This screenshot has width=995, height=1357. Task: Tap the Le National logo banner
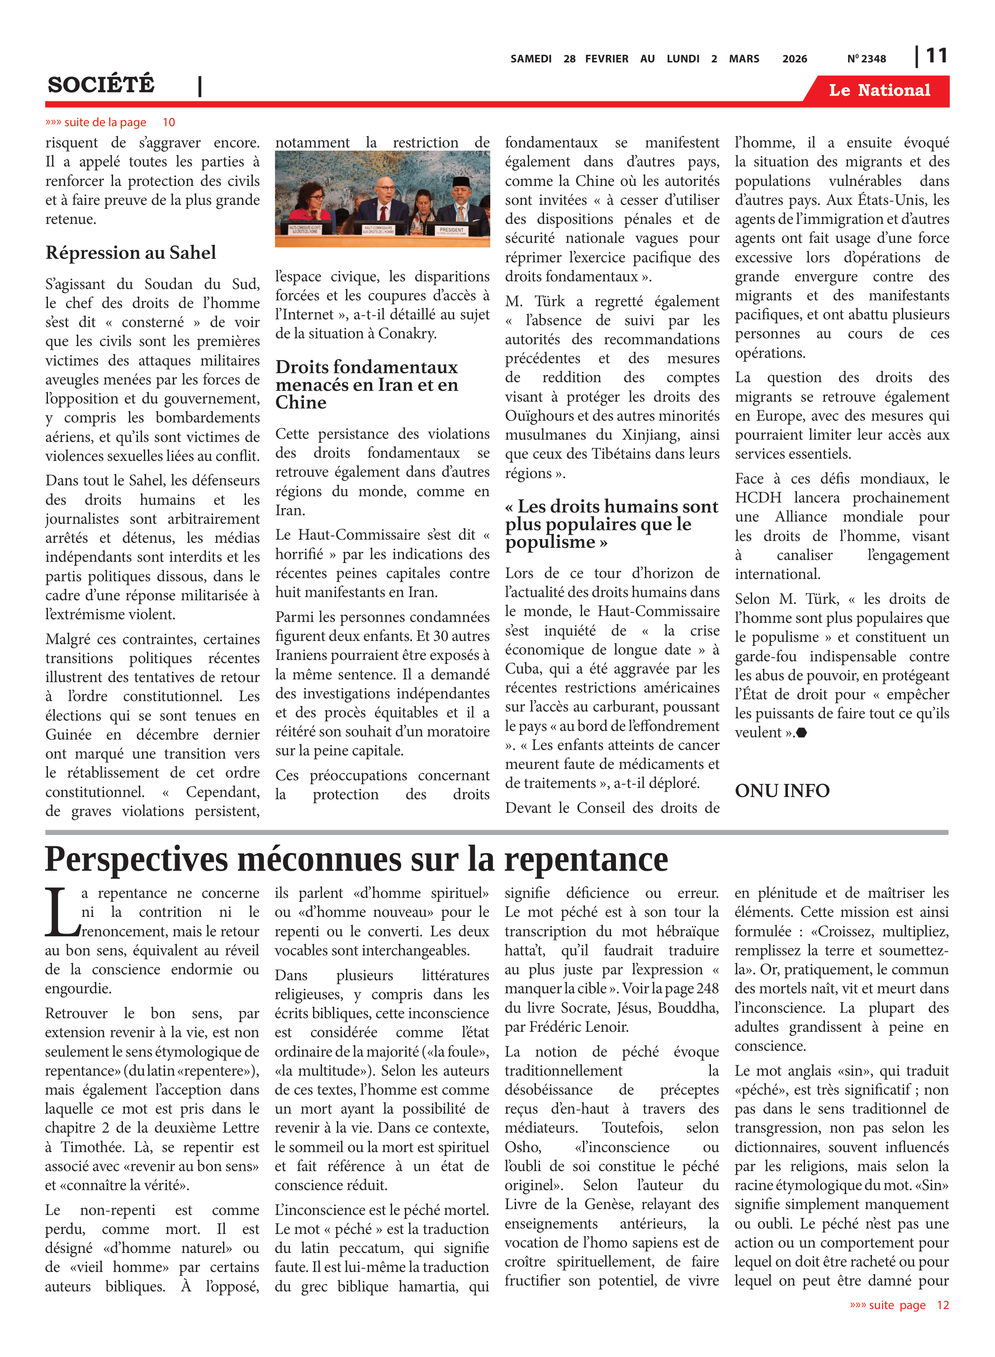click(879, 90)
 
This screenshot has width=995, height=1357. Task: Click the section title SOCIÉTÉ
click(101, 85)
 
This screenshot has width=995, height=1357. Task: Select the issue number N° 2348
click(866, 59)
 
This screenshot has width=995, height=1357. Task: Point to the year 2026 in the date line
click(795, 59)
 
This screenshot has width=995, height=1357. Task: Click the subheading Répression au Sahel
click(131, 252)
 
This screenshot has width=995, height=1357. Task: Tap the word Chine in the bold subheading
click(301, 402)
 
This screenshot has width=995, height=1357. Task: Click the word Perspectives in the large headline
click(136, 859)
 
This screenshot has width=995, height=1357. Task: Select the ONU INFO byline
click(782, 790)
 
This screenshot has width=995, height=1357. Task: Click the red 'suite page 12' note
click(899, 1305)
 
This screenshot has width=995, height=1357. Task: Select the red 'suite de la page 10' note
click(110, 122)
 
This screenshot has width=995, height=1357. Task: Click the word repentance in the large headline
click(586, 859)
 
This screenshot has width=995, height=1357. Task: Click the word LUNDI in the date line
click(683, 59)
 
